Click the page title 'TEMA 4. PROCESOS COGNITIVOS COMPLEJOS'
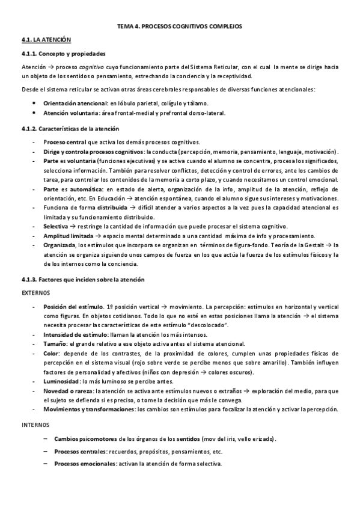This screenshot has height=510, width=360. click(180, 27)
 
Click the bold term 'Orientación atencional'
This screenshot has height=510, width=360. click(75, 103)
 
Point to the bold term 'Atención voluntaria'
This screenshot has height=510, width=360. click(71, 112)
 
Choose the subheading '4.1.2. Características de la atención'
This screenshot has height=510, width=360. click(69, 129)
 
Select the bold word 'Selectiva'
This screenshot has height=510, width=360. click(55, 226)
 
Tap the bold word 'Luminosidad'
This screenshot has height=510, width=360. click(61, 382)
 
